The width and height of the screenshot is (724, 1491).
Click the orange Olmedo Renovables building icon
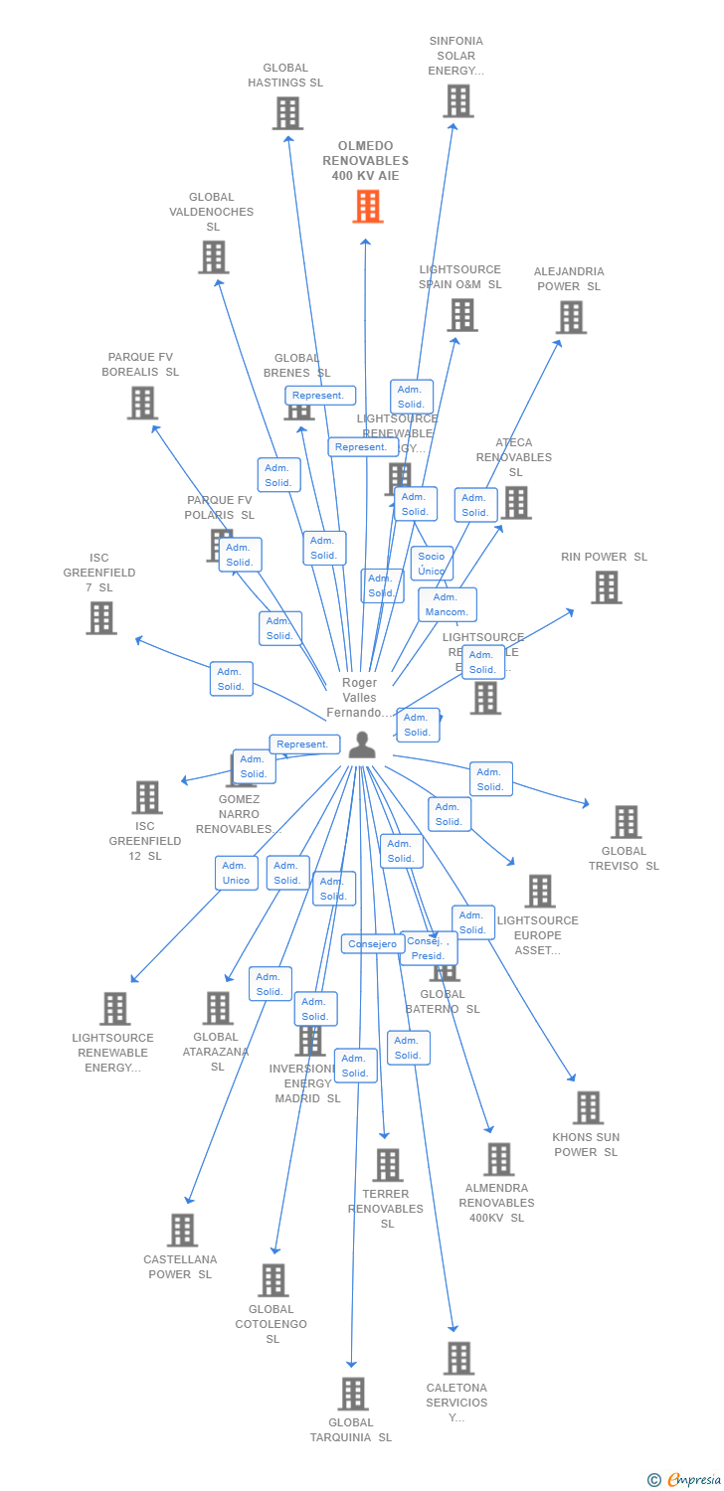[368, 206]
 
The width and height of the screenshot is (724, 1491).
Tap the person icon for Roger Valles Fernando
[362, 745]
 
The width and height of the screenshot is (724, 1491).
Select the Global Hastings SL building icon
[287, 113]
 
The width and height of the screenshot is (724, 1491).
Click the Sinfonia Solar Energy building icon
[457, 101]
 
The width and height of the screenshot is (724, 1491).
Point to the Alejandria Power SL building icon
[571, 317]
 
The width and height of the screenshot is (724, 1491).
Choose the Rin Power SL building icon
[606, 587]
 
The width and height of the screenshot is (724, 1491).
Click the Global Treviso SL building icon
[626, 822]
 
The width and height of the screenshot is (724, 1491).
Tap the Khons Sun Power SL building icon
[588, 1107]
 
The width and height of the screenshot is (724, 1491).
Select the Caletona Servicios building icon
[458, 1358]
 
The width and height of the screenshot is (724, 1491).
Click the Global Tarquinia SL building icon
[353, 1394]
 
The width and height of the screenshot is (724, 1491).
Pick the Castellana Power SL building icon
[182, 1231]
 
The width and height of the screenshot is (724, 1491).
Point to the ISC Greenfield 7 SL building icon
[100, 617]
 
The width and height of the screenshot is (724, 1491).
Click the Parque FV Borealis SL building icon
[142, 403]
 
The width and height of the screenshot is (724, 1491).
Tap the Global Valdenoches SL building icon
[213, 257]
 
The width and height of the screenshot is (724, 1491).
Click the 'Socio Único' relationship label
[432, 564]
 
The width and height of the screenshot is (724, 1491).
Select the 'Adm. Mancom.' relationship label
[447, 604]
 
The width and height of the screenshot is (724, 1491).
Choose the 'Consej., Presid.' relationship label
[429, 948]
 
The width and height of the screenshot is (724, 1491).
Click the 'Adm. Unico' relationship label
[237, 873]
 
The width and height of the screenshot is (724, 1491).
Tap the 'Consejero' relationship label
[372, 944]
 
